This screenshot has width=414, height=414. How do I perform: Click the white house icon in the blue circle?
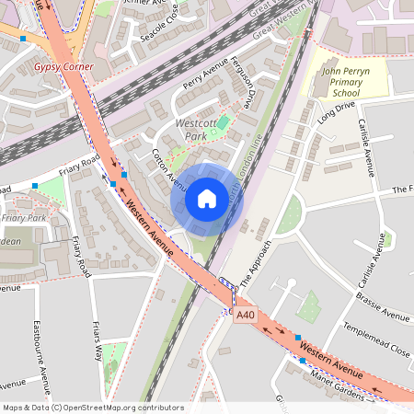pos(207,198)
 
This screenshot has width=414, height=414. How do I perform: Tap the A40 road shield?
pos(244,316)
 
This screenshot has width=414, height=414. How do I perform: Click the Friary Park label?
pos(23,218)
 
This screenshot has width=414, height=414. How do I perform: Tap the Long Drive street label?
pos(336,113)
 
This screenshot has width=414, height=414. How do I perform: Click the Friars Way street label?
pos(96,337)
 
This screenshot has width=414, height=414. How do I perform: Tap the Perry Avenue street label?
pos(204,78)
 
